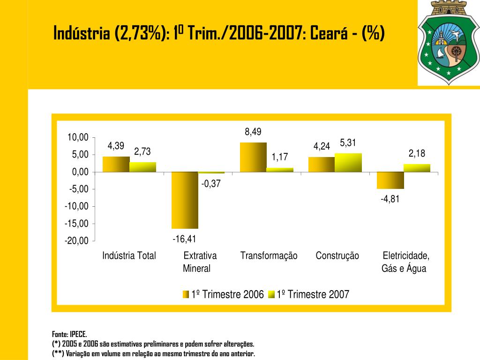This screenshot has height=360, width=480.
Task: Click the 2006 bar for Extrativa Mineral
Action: [185, 200]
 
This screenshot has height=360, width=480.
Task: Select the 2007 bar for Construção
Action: [348, 163]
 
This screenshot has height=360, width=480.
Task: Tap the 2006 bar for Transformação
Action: [253, 157]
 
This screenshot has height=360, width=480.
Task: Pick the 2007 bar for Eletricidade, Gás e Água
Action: [417, 168]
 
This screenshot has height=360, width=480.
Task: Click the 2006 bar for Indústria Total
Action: [116, 164]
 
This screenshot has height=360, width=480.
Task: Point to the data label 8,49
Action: [253, 132]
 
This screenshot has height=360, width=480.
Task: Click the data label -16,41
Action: [184, 239]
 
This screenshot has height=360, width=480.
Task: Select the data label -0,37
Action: [211, 184]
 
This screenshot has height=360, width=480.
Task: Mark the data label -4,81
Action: [390, 199]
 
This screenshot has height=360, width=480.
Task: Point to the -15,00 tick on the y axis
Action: [77, 224]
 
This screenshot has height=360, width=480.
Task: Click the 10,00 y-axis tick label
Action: [78, 137]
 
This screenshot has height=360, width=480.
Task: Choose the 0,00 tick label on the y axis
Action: [80, 172]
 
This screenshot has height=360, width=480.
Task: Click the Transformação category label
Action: [269, 256]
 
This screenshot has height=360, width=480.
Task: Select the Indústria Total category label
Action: [129, 256]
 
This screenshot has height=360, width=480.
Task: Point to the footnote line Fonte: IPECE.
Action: [69, 334]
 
